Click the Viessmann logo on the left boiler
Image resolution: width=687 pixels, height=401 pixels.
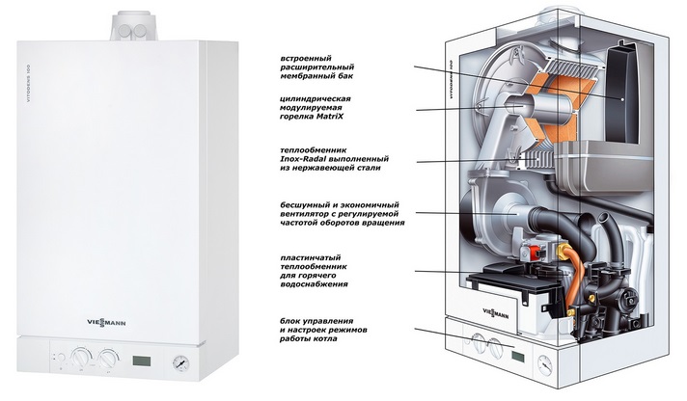click(x=104, y=324)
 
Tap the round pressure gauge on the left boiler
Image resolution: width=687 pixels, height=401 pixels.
click(x=181, y=361)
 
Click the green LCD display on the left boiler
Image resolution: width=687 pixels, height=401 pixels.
click(x=142, y=361)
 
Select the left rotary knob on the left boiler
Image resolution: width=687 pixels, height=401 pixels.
click(x=80, y=358)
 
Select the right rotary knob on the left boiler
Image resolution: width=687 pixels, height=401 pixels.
click(x=108, y=358)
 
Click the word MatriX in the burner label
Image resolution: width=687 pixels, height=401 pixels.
click(x=329, y=117)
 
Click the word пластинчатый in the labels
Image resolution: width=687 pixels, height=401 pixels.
click(x=310, y=257)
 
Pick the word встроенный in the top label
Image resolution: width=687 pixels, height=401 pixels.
click(x=306, y=58)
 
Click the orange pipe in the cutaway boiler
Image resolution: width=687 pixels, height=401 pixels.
click(x=570, y=281)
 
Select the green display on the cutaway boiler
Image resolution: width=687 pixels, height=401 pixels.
click(x=517, y=355)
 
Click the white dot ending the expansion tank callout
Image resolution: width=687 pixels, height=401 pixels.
click(x=622, y=99)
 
